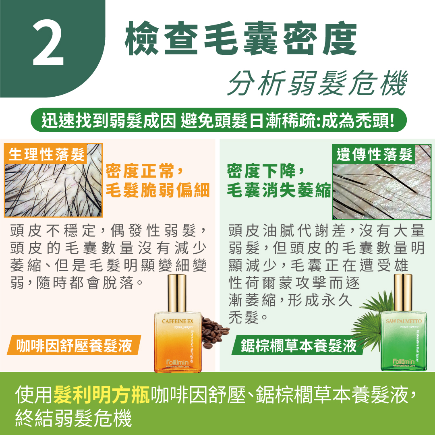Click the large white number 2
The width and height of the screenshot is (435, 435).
click(x=48, y=43)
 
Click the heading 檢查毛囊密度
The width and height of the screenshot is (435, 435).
click(x=241, y=38)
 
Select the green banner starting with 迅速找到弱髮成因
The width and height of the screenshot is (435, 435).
click(x=219, y=120)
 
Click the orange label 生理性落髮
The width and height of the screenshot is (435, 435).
click(x=46, y=154)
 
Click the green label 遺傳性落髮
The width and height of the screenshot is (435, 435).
click(x=374, y=154)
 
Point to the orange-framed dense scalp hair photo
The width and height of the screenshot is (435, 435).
click(x=53, y=188)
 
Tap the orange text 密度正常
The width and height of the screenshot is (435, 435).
click(x=140, y=171)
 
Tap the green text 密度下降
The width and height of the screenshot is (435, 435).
click(x=261, y=171)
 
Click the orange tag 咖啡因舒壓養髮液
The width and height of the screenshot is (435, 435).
click(x=74, y=346)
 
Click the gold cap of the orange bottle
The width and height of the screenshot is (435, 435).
click(x=177, y=293)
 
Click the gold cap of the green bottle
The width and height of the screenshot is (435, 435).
click(x=403, y=293)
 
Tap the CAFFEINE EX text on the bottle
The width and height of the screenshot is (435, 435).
click(x=178, y=321)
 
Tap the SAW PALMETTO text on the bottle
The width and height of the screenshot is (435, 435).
click(x=404, y=321)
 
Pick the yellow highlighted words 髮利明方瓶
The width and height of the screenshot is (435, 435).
click(x=101, y=394)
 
